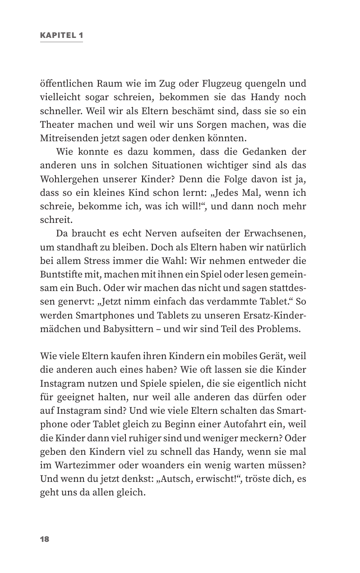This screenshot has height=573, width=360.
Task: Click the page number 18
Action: point(45,539)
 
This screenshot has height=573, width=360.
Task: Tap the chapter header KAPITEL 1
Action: point(61,35)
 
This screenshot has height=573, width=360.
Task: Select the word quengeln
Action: point(262,84)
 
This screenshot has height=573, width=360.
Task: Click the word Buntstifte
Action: point(61,273)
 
